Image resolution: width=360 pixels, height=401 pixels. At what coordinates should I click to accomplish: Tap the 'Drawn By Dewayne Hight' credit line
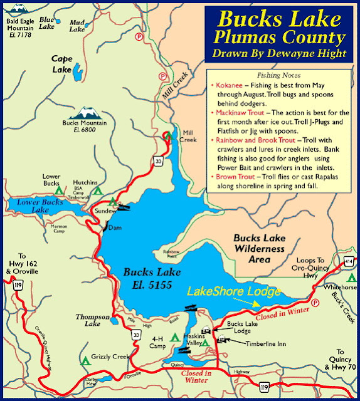coord(279,53)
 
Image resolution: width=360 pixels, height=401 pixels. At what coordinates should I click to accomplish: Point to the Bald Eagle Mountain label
coord(19,26)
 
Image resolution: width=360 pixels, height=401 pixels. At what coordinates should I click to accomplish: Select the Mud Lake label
coord(77,25)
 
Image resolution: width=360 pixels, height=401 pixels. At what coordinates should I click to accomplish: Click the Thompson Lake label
coord(93,321)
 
